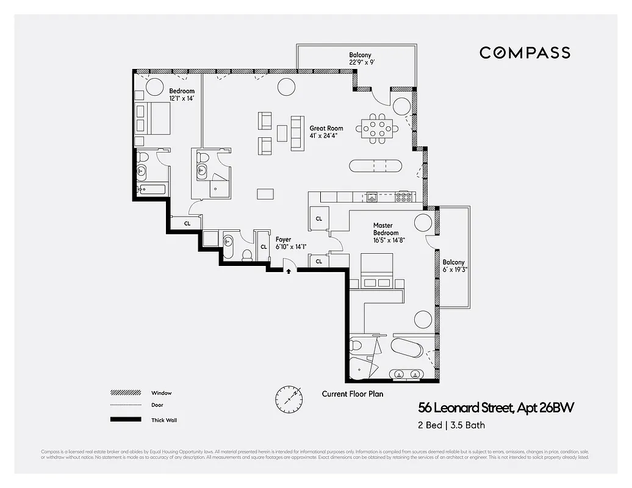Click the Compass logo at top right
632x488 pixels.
pyautogui.click(x=525, y=52)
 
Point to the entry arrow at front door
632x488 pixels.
pyautogui.click(x=289, y=271)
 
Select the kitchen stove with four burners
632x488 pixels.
pyautogui.click(x=404, y=197)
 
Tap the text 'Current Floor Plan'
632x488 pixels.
pyautogui.click(x=353, y=394)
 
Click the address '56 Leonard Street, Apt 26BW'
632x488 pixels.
pyautogui.click(x=496, y=407)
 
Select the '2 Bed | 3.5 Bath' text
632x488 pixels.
pyautogui.click(x=451, y=425)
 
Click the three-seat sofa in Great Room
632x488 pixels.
pyautogui.click(x=297, y=133)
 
